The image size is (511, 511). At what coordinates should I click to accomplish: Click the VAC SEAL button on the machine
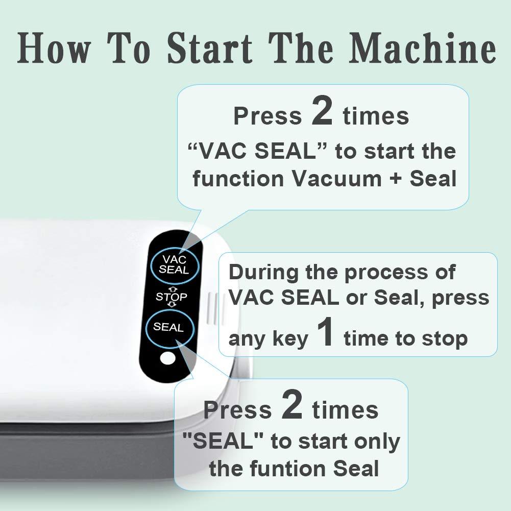[175, 264]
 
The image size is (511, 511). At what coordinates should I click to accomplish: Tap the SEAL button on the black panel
[169, 327]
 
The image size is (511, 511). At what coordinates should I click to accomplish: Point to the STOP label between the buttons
[172, 297]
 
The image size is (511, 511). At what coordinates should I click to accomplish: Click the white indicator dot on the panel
[168, 359]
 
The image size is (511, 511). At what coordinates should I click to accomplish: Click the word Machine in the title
[423, 48]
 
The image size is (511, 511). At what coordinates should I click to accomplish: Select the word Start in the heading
[210, 48]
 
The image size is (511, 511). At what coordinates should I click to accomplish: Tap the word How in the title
[53, 48]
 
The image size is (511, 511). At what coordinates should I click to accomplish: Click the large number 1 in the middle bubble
[326, 332]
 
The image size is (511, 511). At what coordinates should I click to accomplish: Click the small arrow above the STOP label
[172, 289]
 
